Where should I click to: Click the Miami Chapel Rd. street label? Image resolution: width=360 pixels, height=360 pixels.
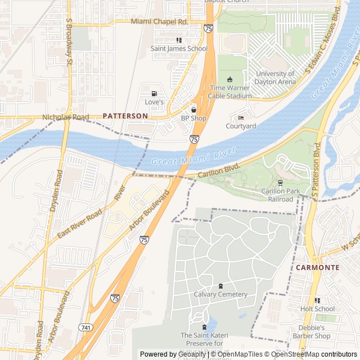(159, 21)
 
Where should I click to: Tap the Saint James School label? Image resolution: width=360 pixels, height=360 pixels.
(179, 48)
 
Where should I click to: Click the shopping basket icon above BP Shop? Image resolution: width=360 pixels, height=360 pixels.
(193, 110)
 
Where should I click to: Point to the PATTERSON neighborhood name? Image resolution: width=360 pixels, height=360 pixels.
(125, 115)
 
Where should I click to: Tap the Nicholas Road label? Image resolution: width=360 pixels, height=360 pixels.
(66, 118)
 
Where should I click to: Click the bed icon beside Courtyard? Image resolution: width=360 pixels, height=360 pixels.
(241, 118)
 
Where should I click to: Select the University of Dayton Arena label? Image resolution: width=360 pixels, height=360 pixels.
(275, 78)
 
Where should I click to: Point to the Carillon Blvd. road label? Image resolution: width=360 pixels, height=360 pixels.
(219, 171)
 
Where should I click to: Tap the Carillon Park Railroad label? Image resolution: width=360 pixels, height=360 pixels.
(280, 195)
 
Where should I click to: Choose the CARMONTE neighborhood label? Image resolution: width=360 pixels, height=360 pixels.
(317, 267)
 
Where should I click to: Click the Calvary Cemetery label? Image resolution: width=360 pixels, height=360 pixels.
(220, 294)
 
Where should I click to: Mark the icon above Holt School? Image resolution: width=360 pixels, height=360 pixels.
(317, 300)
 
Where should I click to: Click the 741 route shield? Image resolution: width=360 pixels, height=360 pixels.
(85, 327)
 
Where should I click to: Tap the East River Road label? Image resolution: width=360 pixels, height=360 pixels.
(79, 224)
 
